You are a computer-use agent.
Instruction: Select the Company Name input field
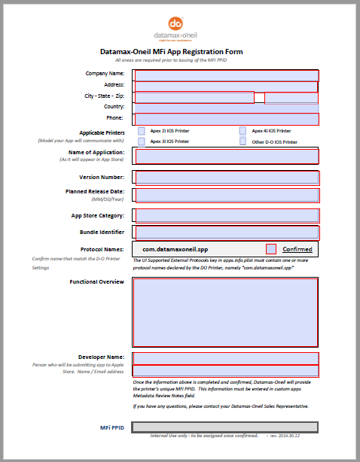coord(226,74)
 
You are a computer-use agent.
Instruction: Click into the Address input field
coord(226,86)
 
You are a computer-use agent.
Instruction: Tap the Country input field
coord(226,108)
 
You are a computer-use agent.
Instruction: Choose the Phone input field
coord(226,119)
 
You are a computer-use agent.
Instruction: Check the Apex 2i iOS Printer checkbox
coord(142,131)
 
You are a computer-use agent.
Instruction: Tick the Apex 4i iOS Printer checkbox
coord(243,131)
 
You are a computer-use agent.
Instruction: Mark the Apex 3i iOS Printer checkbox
coord(142,141)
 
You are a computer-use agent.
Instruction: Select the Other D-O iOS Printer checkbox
coord(243,141)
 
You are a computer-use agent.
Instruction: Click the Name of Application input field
coord(226,156)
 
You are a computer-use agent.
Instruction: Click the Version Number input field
coord(226,178)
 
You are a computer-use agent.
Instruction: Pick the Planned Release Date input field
coord(226,195)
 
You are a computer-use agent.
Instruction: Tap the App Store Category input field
coord(226,216)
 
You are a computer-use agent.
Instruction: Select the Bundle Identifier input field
coord(226,233)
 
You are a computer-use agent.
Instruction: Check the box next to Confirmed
coord(271,249)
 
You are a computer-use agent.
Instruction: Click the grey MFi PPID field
coord(224,427)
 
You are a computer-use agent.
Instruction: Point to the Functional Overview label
coord(96,281)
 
